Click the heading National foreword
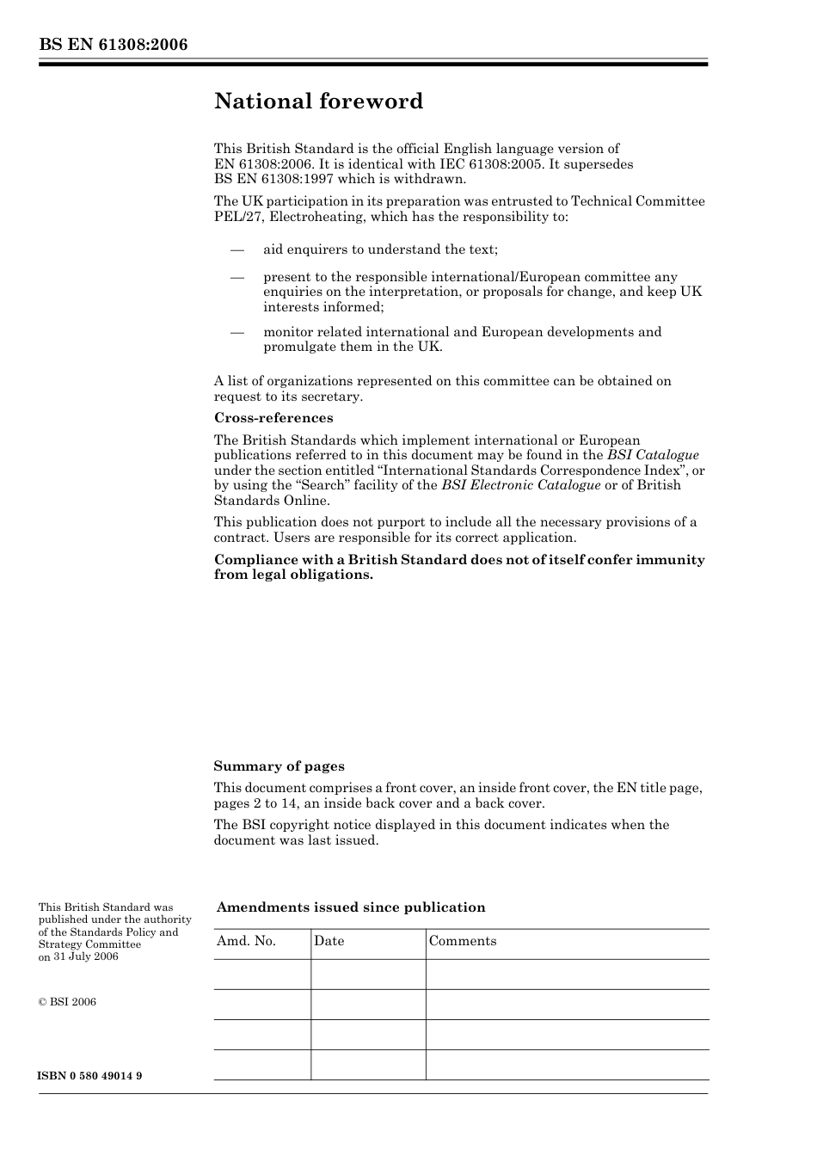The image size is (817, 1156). pyautogui.click(x=318, y=101)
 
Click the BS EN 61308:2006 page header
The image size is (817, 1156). pyautogui.click(x=113, y=45)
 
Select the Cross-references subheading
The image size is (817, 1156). pyautogui.click(x=273, y=418)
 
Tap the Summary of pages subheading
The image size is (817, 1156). pyautogui.click(x=279, y=766)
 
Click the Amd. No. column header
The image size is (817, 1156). pyautogui.click(x=246, y=941)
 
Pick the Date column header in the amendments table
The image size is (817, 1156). pyautogui.click(x=329, y=941)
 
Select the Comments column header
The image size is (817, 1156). pyautogui.click(x=462, y=941)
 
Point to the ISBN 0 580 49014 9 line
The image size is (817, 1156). pyautogui.click(x=90, y=1076)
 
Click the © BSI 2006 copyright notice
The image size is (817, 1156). pyautogui.click(x=67, y=1002)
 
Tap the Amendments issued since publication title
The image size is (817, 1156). pyautogui.click(x=351, y=907)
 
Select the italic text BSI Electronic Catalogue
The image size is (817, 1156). pyautogui.click(x=520, y=485)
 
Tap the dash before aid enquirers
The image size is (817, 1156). pyautogui.click(x=236, y=249)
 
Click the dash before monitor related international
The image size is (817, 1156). pyautogui.click(x=236, y=332)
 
